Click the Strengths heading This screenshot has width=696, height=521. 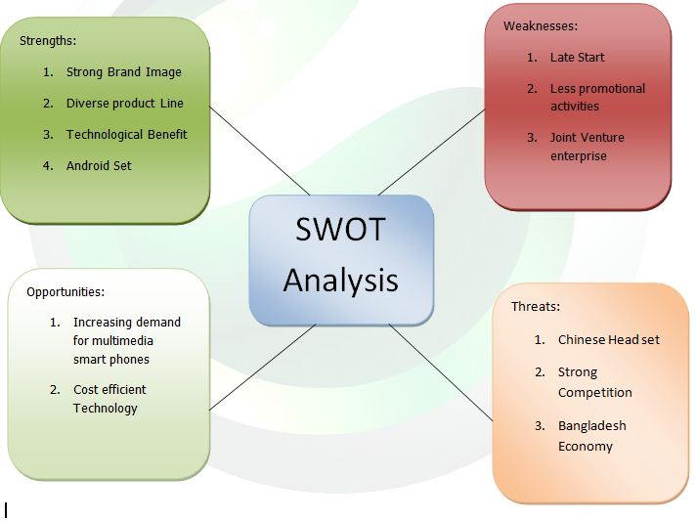[x=48, y=41]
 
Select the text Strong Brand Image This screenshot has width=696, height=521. [x=123, y=72]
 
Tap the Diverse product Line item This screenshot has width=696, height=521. [x=124, y=104]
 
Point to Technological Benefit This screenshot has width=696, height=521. [x=126, y=135]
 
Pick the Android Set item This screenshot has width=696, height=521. [x=99, y=166]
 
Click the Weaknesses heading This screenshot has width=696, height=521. [x=541, y=26]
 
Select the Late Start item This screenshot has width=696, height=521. [x=577, y=58]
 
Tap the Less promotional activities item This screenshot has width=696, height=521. [x=597, y=97]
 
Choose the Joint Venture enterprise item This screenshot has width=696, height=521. [x=587, y=147]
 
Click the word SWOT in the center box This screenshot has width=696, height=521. [x=340, y=231]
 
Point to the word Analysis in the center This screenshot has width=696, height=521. [x=340, y=281]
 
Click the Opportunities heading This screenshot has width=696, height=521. [x=65, y=291]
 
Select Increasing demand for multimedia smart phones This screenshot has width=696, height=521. [x=126, y=340]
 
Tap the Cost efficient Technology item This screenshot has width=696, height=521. [x=109, y=399]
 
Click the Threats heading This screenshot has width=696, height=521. [x=536, y=307]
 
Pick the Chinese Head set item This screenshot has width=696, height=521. [x=608, y=340]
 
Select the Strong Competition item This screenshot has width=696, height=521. [x=594, y=382]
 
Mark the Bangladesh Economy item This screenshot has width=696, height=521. [x=591, y=436]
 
